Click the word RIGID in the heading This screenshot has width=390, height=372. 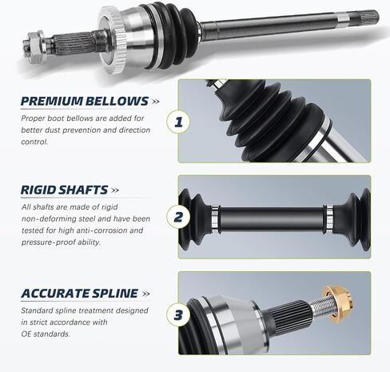click(41, 190)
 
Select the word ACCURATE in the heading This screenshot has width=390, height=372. click(55, 293)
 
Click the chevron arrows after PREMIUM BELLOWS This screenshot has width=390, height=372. click(155, 102)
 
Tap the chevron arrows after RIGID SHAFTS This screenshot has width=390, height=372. click(116, 190)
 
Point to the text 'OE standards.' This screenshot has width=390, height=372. click(46, 334)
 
